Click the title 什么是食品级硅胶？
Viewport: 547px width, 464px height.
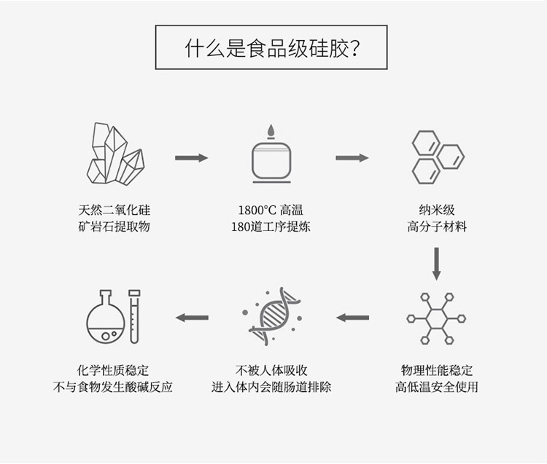tap(271, 47)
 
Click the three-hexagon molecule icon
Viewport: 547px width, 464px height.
tap(436, 157)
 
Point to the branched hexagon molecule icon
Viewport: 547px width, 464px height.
tap(436, 318)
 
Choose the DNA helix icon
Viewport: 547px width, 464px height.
tap(271, 317)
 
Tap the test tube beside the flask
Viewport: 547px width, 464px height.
tap(134, 317)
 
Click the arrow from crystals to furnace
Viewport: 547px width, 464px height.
tap(192, 157)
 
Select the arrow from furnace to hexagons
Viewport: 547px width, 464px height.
tap(352, 157)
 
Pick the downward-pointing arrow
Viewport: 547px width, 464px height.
tap(436, 263)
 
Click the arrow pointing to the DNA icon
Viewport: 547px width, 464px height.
tap(352, 318)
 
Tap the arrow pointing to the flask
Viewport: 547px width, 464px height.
tap(192, 318)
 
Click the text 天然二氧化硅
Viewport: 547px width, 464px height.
tap(115, 210)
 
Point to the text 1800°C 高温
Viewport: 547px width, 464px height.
tap(271, 210)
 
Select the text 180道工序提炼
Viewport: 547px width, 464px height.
tap(271, 227)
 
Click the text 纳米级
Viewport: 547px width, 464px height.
tap(436, 210)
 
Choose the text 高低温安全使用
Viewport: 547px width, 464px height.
tap(436, 387)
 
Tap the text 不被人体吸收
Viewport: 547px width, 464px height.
tap(271, 370)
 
